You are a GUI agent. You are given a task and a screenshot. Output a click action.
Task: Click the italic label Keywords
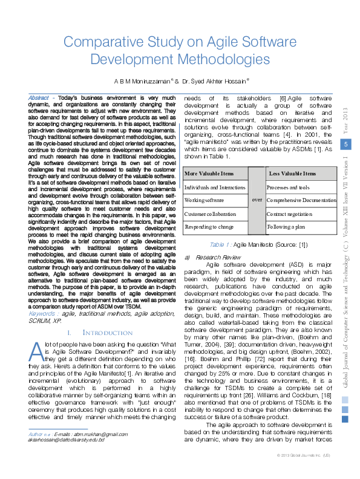point(44,314)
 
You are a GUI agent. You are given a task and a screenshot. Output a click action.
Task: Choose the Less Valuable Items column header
point(292,174)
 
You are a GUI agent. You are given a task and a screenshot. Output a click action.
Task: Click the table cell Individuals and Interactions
point(214,187)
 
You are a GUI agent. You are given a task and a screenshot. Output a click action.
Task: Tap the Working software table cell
point(204,200)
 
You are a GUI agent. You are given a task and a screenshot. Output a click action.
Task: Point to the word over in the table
point(257,199)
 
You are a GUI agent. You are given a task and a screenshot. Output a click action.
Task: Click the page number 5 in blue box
point(345,144)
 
